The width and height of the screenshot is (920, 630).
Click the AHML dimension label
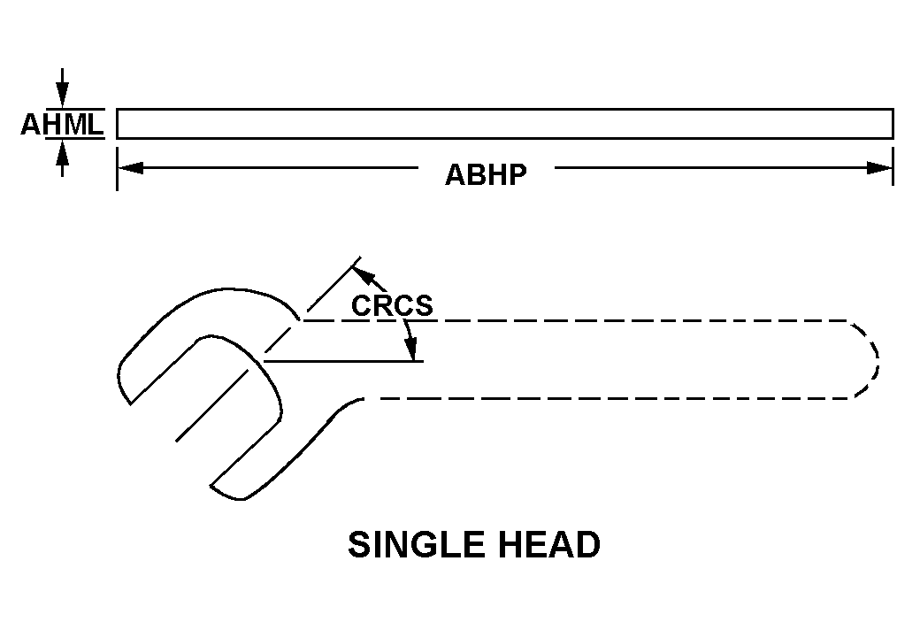click(62, 124)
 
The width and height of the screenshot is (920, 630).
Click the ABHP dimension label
click(486, 174)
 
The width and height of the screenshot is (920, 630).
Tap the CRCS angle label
click(392, 305)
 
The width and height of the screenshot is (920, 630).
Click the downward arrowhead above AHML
click(62, 96)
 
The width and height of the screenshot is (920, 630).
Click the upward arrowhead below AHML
click(62, 152)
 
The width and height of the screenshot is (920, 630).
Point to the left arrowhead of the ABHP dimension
click(130, 168)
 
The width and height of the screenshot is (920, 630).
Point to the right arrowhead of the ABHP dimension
click(880, 168)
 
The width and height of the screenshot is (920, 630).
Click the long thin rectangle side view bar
click(505, 124)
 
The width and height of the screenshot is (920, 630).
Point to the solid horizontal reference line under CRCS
click(344, 361)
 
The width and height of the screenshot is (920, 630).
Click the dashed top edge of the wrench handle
click(576, 320)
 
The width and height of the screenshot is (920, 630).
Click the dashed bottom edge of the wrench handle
click(607, 399)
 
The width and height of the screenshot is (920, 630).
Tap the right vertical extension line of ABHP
click(893, 166)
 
